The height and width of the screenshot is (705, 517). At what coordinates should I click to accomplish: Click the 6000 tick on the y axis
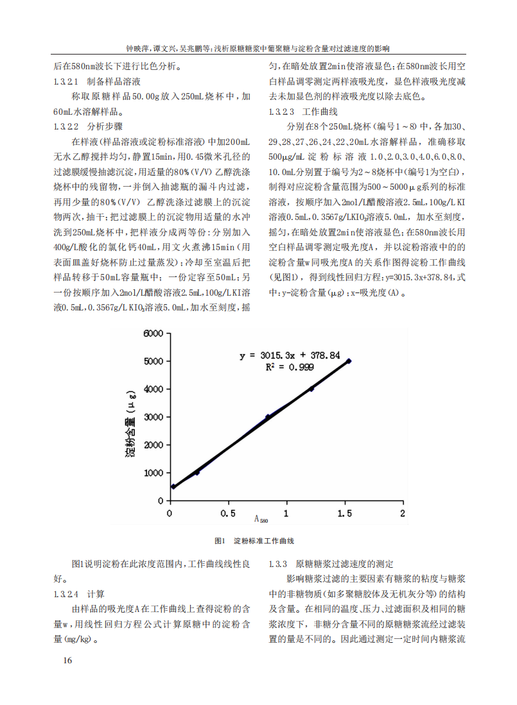(155, 334)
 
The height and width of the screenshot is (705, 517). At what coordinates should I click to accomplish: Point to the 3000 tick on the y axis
(155, 417)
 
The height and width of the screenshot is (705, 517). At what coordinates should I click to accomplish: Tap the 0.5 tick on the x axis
(227, 513)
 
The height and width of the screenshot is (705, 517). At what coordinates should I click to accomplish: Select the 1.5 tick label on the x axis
(344, 513)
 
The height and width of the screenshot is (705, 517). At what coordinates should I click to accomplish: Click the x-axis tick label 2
(403, 513)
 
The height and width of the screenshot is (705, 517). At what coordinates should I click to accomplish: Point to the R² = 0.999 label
(290, 367)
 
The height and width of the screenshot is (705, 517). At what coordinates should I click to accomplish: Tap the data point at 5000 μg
(349, 361)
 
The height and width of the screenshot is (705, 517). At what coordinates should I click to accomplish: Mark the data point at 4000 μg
(311, 389)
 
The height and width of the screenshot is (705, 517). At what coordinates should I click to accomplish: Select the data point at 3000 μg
(267, 417)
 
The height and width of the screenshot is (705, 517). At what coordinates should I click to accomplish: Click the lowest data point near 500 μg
(173, 487)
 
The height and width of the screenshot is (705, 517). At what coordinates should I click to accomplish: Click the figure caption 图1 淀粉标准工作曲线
(254, 541)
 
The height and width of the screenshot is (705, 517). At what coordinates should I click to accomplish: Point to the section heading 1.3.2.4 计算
(80, 593)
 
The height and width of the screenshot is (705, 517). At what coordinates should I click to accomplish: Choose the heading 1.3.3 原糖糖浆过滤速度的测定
(331, 565)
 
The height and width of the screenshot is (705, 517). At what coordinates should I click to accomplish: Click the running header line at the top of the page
(258, 48)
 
